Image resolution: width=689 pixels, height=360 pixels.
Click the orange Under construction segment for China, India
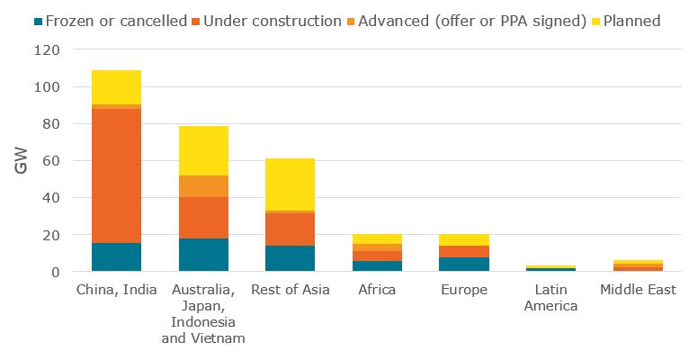pos(116,175)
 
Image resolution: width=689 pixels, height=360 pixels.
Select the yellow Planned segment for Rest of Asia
pos(290,184)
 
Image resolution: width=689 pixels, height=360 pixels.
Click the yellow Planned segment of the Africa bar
pos(377,238)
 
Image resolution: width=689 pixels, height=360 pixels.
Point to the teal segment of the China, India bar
pos(116,256)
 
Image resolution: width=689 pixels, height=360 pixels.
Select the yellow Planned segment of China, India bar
pos(116,87)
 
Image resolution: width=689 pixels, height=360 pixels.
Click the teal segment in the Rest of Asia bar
pos(290,258)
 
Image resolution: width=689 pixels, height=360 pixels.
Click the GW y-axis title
pos(23,161)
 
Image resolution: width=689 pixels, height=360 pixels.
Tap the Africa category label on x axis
pos(377,290)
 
